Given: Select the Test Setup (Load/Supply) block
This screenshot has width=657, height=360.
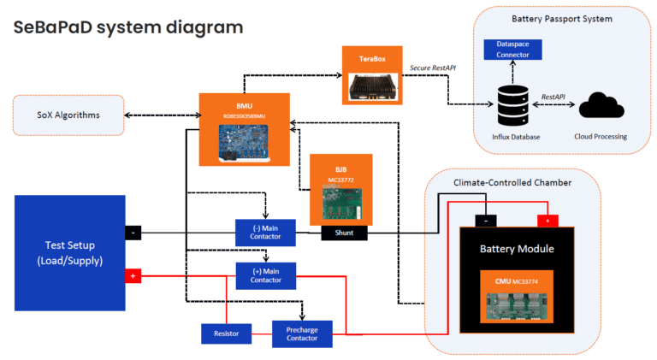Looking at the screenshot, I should pyautogui.click(x=70, y=252).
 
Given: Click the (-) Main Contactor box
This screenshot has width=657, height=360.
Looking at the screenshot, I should pyautogui.click(x=265, y=231).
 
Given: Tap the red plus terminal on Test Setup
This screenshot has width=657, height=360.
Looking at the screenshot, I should pyautogui.click(x=133, y=276).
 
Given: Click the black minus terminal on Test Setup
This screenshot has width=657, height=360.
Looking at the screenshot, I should pyautogui.click(x=133, y=232).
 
